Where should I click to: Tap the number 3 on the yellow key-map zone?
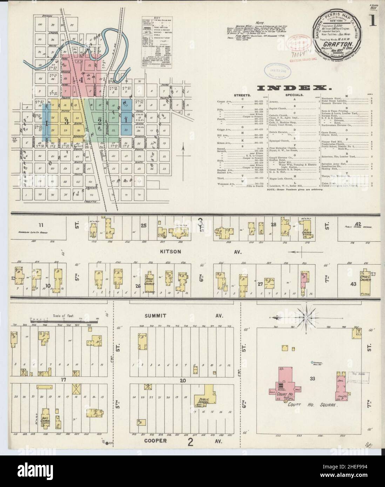click(x=66, y=121)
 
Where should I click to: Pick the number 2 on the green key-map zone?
click(x=100, y=121)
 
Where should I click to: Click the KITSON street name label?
click(x=158, y=252)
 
